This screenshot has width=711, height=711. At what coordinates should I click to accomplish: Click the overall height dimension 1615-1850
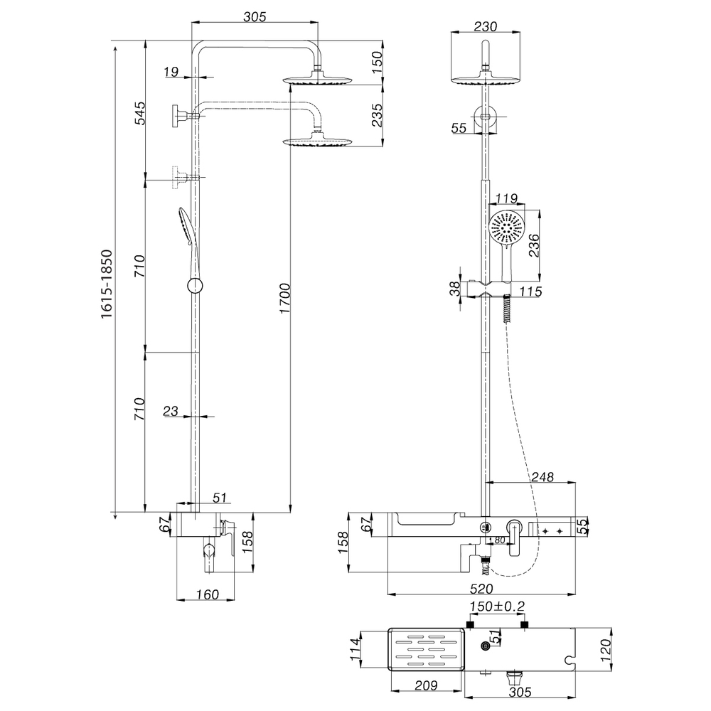(107, 284)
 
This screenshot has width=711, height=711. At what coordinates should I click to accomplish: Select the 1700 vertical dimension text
(284, 298)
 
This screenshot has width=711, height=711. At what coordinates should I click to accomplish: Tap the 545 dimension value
(139, 114)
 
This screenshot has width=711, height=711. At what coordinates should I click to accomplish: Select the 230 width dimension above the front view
(485, 26)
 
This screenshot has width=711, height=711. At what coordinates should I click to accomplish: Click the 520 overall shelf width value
(481, 588)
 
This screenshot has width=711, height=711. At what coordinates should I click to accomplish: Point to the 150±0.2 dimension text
(496, 606)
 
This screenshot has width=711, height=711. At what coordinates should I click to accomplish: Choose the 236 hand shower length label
(534, 245)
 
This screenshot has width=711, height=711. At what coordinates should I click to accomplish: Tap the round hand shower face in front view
(506, 229)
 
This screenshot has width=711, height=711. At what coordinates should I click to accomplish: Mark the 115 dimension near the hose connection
(530, 291)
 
